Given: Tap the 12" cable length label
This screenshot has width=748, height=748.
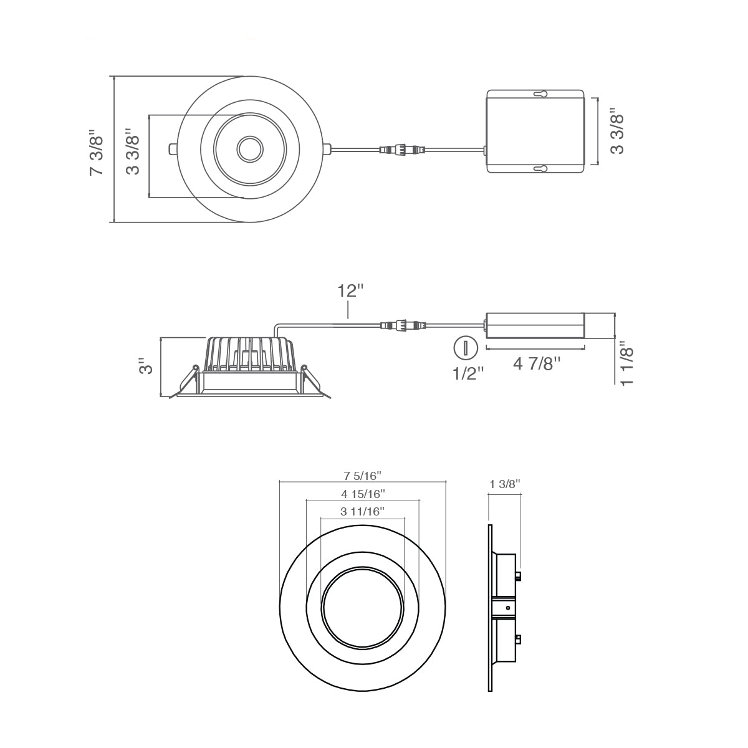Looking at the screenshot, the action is tap(350, 290).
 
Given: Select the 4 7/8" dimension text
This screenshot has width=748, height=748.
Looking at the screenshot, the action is tap(537, 364).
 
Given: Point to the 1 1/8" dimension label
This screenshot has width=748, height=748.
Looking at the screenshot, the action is tap(627, 363).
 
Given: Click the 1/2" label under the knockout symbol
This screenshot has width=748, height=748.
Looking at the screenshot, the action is tap(469, 373).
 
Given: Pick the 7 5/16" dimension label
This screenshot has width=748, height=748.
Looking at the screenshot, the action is tap(363, 475).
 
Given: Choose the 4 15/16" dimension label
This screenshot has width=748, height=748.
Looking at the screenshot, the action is tap(363, 494).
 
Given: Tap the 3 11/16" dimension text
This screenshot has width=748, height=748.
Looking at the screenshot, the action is tap(363, 512).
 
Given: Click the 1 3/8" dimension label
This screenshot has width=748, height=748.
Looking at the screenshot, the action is tap(505, 484).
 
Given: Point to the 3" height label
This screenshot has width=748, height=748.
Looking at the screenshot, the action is tap(146, 366).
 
